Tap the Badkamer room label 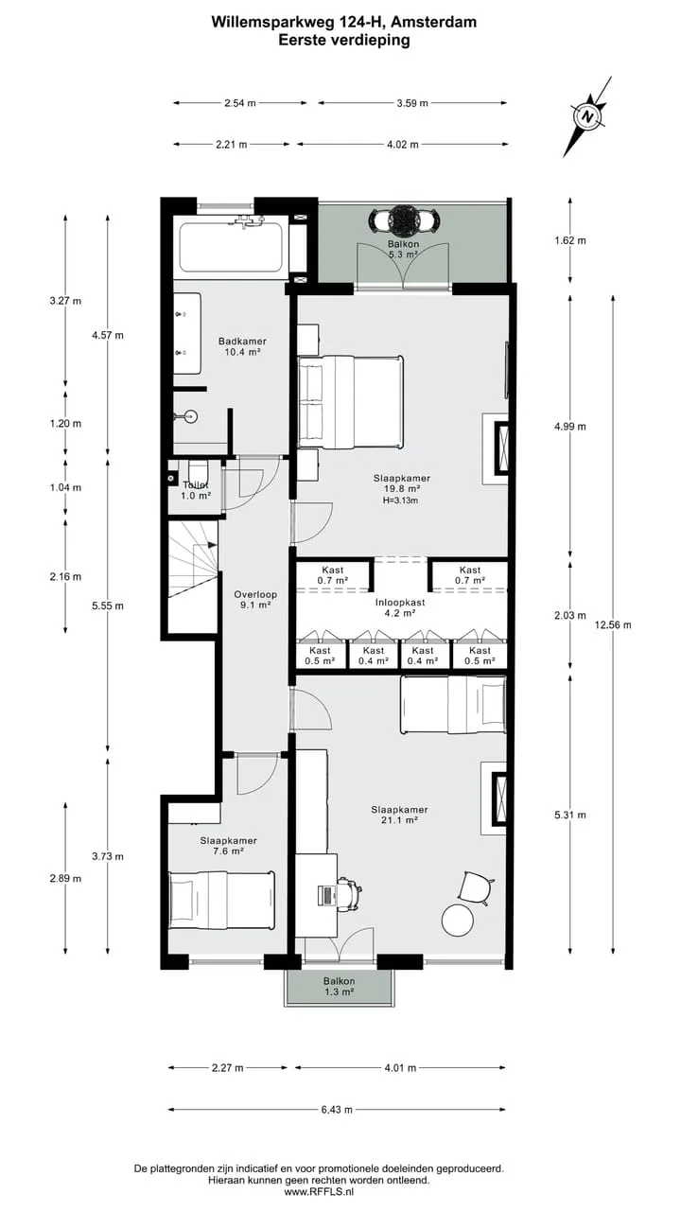pyautogui.click(x=242, y=342)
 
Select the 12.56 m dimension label pyautogui.click(x=613, y=625)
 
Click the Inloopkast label pyautogui.click(x=400, y=603)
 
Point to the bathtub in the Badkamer pyautogui.click(x=232, y=247)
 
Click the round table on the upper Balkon pyautogui.click(x=404, y=219)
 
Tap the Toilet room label pyautogui.click(x=195, y=485)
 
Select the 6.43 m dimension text pyautogui.click(x=337, y=1110)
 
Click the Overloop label pyautogui.click(x=255, y=595)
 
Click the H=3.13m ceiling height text pyautogui.click(x=400, y=500)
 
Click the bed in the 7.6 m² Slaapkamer pyautogui.click(x=221, y=900)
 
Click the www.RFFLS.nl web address pyautogui.click(x=319, y=1191)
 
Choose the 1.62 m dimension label pyautogui.click(x=570, y=240)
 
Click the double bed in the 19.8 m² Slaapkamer pyautogui.click(x=350, y=402)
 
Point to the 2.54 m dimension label pyautogui.click(x=240, y=103)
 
